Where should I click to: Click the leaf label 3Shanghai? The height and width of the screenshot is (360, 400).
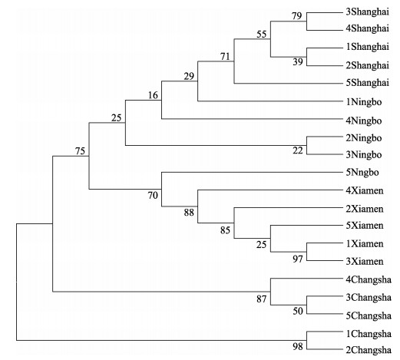368,12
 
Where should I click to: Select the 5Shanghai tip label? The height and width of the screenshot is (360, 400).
368,83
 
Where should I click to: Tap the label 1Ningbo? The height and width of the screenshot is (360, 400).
364,102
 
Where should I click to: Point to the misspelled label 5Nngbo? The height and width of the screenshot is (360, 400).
362,173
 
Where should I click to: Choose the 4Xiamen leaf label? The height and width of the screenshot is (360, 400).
365,190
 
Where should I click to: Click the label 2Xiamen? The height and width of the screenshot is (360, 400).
365,209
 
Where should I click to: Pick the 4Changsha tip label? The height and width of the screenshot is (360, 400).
369,279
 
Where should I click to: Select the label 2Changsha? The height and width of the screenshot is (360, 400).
369,350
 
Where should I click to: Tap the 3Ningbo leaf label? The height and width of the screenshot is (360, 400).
364,155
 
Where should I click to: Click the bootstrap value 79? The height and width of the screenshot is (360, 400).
297,16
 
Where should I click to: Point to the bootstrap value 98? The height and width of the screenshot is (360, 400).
298,347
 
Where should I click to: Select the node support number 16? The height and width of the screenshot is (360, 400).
153,95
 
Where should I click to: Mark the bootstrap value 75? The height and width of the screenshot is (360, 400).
80,151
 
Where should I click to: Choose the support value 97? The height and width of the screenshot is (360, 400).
298,259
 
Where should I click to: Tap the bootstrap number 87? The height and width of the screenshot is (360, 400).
262,299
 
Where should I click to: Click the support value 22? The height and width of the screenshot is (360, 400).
298,150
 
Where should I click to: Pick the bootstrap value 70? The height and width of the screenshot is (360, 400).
153,196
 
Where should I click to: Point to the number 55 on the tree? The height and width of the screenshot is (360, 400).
262,34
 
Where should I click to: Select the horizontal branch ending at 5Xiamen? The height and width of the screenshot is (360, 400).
307,226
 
